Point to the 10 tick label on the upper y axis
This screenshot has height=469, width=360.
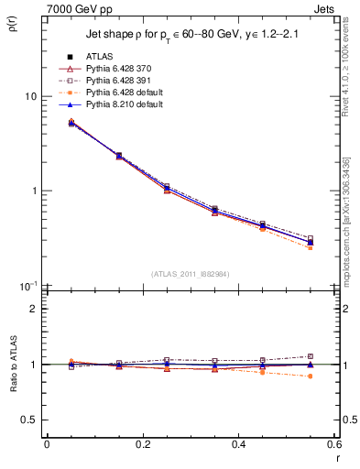pyautogui.click(x=30, y=96)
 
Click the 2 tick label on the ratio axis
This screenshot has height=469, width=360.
pyautogui.click(x=33, y=309)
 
